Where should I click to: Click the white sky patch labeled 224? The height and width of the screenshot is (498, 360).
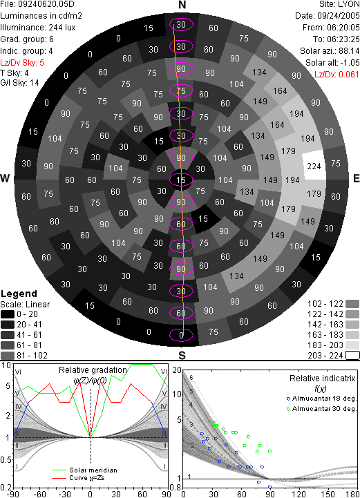[313, 166]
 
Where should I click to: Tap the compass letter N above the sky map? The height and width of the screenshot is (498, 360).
[182, 5]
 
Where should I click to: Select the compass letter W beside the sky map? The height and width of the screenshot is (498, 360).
[5, 178]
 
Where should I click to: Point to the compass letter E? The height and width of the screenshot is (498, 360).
[356, 178]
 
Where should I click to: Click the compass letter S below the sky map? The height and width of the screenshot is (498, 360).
[182, 355]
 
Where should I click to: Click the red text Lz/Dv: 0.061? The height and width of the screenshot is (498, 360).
[337, 75]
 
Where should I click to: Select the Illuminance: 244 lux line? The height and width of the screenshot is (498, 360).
[38, 28]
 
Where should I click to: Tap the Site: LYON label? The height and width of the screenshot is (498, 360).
[339, 4]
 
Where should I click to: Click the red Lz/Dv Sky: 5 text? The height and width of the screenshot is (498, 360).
[22, 63]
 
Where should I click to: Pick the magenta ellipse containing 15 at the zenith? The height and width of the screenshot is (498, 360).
[181, 180]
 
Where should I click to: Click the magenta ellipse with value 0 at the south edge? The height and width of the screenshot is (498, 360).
[181, 335]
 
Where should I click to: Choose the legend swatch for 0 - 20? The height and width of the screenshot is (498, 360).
[8, 314]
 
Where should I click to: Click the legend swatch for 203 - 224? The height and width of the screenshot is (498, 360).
[352, 356]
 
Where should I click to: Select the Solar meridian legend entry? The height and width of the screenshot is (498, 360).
[84, 470]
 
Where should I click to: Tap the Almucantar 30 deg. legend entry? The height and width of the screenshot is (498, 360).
[321, 408]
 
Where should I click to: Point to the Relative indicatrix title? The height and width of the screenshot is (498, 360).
[322, 379]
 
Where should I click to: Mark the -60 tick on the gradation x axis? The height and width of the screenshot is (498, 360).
[39, 494]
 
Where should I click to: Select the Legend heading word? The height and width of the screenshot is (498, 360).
[19, 294]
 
